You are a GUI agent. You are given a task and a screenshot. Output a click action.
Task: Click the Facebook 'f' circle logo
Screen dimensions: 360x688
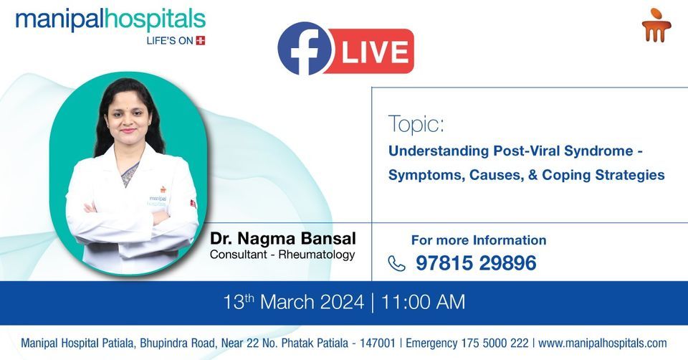(305, 49)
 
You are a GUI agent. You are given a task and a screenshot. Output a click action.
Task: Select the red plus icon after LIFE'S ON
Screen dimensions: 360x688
(200, 41)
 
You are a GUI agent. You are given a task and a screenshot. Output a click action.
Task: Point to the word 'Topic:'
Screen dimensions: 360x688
(416, 124)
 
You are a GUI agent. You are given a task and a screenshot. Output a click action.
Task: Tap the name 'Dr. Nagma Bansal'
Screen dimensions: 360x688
(282, 238)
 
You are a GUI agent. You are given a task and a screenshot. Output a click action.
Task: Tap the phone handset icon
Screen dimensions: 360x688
(396, 264)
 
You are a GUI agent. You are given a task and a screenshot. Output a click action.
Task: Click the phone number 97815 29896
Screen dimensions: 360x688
(476, 263)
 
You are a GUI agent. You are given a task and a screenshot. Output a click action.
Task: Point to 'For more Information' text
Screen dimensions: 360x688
(478, 240)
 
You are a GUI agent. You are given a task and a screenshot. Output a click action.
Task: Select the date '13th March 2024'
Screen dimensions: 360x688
(295, 302)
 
